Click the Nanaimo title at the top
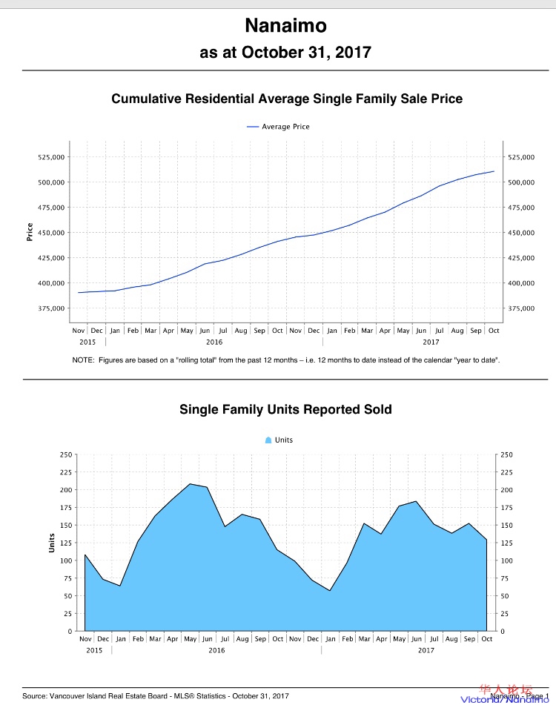[285, 27]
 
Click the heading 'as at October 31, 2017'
[285, 53]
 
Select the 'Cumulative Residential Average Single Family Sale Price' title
[287, 99]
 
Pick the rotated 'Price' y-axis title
[30, 233]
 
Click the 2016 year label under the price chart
[214, 342]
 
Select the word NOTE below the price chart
[82, 360]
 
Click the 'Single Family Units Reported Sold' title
[285, 409]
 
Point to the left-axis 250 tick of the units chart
[66, 454]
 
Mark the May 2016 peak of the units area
[190, 484]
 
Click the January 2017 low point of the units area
[330, 590]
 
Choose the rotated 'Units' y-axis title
[52, 543]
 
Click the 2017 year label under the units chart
[426, 650]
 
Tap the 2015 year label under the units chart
[94, 650]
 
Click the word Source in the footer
[36, 696]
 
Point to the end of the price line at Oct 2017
[494, 171]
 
